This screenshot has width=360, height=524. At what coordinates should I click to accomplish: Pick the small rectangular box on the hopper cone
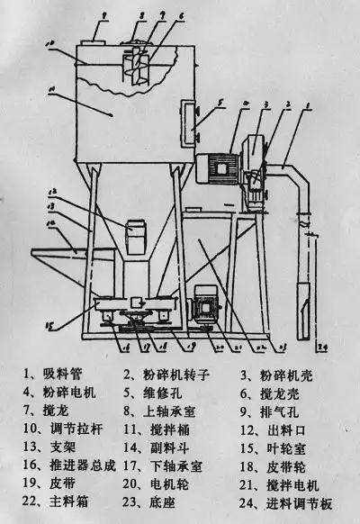coord(137,230)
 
